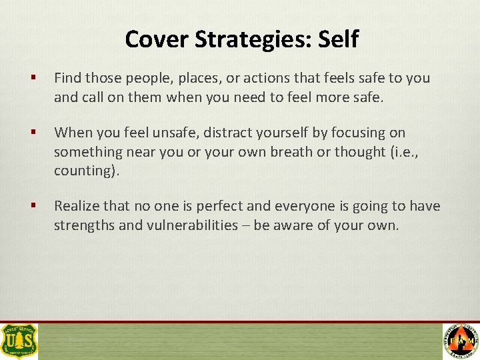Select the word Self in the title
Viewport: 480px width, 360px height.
pos(338,39)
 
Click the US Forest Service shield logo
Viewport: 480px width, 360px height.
pos(19,341)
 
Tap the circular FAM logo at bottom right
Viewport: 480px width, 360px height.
pos(461,341)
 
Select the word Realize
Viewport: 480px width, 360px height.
pos(77,206)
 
